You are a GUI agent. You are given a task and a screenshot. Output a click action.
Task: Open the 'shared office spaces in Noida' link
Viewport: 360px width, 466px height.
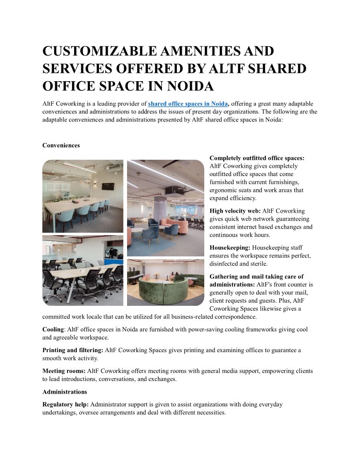(187, 104)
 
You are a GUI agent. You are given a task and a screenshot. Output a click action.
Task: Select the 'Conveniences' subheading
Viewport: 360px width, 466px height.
(61, 145)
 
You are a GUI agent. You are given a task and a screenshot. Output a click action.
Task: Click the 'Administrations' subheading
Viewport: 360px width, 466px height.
(64, 391)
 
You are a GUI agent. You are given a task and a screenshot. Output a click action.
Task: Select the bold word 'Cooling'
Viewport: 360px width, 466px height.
(53, 330)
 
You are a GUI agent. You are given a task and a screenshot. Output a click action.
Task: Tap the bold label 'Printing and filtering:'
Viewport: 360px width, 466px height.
(73, 350)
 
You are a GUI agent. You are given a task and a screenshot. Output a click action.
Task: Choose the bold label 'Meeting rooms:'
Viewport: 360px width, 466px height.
(64, 371)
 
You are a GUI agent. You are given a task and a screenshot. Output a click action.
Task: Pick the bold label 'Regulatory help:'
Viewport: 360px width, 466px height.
(65, 404)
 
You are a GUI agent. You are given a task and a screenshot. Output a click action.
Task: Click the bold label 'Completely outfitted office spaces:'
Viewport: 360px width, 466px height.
(257, 158)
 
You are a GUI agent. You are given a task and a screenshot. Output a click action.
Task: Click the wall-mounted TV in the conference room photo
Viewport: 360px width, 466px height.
(107, 186)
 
